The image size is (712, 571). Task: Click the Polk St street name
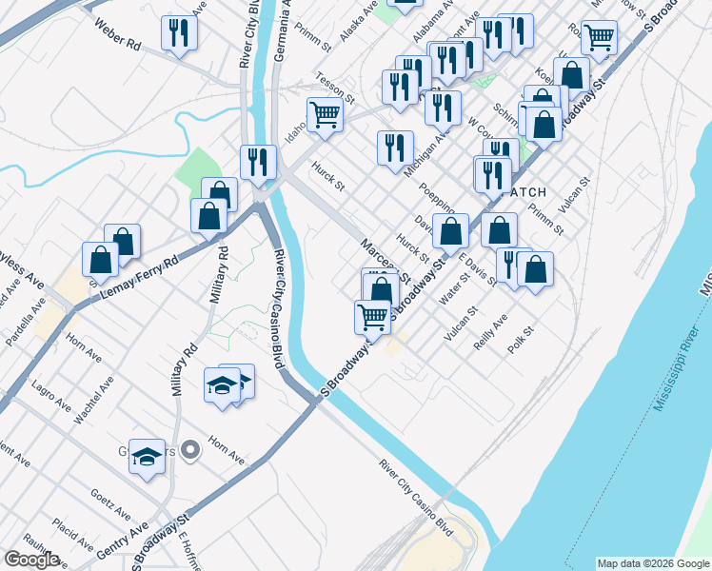[x=522, y=341]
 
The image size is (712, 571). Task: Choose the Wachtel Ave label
[x=95, y=400]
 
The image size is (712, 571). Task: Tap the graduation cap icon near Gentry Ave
[x=148, y=458]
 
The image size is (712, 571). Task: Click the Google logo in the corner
[x=31, y=560]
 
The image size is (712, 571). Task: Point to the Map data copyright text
[x=653, y=563]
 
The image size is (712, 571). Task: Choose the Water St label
[x=451, y=291]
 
